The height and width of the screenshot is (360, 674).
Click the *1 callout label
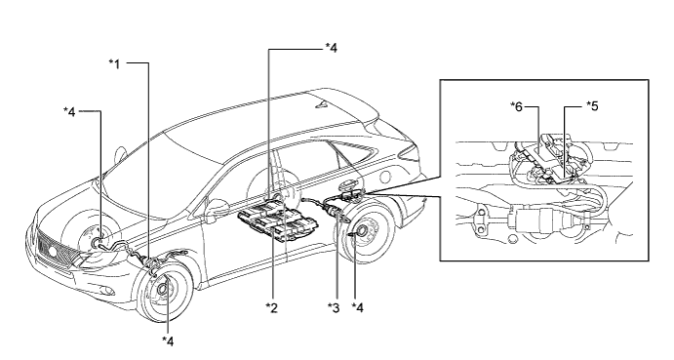tap(114, 64)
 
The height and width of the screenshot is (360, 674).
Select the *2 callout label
tap(272, 307)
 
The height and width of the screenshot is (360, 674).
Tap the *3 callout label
tap(334, 307)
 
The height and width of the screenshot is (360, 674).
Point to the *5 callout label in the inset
tap(592, 105)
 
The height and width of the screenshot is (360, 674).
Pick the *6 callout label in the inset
tap(516, 106)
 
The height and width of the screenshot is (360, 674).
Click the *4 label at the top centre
tap(331, 47)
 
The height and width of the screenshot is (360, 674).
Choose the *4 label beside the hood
tap(69, 112)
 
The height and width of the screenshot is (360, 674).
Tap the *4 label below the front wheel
tap(168, 340)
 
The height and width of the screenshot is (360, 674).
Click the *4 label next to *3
tap(358, 307)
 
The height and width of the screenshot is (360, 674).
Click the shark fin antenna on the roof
tap(323, 104)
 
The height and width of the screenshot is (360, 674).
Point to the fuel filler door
tap(386, 177)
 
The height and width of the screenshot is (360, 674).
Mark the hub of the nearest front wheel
tap(163, 290)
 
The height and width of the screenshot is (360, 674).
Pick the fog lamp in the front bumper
tap(108, 291)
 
